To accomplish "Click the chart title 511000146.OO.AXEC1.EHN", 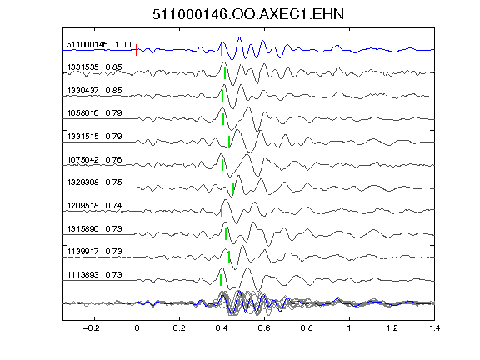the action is point(248,14).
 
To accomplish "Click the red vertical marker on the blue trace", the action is point(137,50).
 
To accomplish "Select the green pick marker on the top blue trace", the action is point(222,50).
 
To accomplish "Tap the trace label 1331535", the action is point(82,67).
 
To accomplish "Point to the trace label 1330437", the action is point(82,90).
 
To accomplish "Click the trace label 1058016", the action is point(82,113).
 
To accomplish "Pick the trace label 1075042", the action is point(82,159).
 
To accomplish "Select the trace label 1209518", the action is point(82,205).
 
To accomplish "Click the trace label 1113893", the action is point(82,275).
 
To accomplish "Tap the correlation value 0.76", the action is point(114,159).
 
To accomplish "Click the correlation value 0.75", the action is point(114,182).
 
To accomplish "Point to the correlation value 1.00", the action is point(123,45).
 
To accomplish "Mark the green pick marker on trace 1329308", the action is point(233,188).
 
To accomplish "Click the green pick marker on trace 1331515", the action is point(229,142).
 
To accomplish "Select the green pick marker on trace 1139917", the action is point(229,257).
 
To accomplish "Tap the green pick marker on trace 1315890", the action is point(226,234).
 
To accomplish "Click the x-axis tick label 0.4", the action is point(222,328).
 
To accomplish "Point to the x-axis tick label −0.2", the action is point(91,328).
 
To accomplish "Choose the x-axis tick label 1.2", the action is point(392,328).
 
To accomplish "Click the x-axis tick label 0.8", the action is point(307,328).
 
